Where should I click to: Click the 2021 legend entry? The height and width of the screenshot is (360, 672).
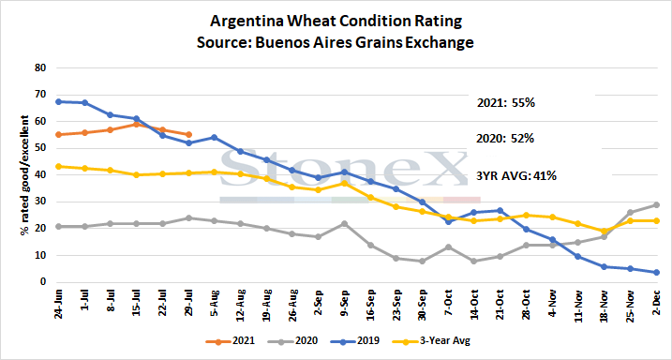click(231, 341)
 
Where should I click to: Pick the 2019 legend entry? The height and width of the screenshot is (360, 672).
click(354, 341)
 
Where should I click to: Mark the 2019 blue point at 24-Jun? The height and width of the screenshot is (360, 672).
click(59, 101)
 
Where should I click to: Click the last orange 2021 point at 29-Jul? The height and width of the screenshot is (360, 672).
click(188, 135)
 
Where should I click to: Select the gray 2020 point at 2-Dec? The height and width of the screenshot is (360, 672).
click(656, 205)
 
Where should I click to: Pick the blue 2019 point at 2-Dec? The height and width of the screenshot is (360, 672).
click(656, 272)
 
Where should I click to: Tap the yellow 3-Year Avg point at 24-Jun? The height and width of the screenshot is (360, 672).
click(59, 166)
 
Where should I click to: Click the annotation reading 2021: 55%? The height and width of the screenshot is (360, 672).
click(506, 103)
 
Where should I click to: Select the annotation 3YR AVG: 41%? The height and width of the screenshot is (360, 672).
click(516, 175)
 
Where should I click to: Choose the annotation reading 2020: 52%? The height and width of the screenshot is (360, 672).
click(506, 140)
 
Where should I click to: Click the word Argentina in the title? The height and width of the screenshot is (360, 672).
click(243, 21)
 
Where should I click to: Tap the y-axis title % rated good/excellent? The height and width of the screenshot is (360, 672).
click(25, 175)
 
